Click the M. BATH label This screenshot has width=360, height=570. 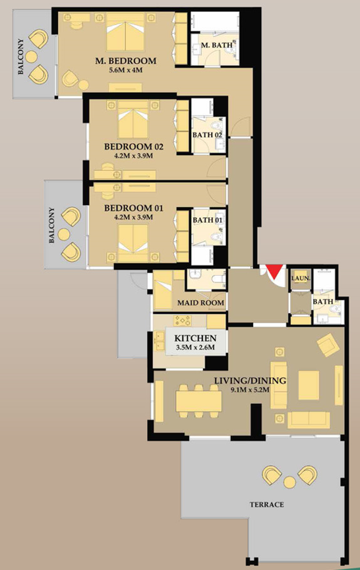pyautogui.click(x=215, y=45)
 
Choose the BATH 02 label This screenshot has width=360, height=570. pyautogui.click(x=207, y=135)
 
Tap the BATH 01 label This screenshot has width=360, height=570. pyautogui.click(x=207, y=220)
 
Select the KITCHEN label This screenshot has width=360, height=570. pyautogui.click(x=195, y=338)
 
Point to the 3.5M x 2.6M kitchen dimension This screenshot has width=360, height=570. pyautogui.click(x=195, y=350)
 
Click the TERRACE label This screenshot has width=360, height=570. pyautogui.click(x=267, y=505)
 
